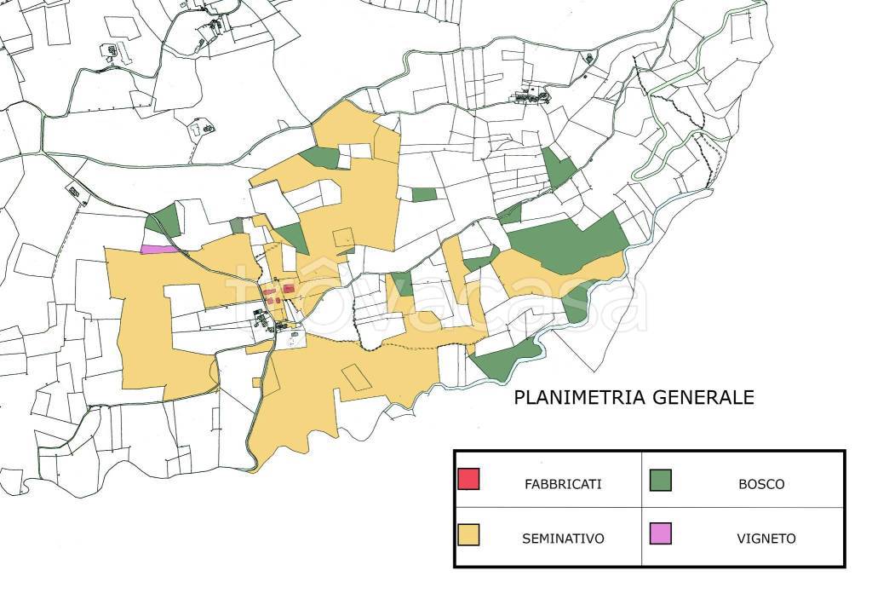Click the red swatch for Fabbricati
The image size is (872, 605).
coord(468,480)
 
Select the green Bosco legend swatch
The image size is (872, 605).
coord(660,480)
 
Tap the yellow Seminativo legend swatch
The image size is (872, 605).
coord(468,534)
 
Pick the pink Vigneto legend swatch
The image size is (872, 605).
coord(660,534)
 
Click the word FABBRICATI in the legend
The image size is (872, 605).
coord(563,484)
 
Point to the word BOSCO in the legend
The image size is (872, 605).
coord(761,484)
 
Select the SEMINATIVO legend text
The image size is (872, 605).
coord(563,539)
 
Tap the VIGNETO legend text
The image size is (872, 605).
coord(766,539)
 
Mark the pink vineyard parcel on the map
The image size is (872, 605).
coord(158,249)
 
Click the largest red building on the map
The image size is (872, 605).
coord(289,290)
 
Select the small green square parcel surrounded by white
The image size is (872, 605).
coord(424,194)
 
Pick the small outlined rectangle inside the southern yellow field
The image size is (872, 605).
coord(357,377)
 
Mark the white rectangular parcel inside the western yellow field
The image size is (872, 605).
coord(184,300)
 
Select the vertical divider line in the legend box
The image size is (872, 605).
coord(641,508)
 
